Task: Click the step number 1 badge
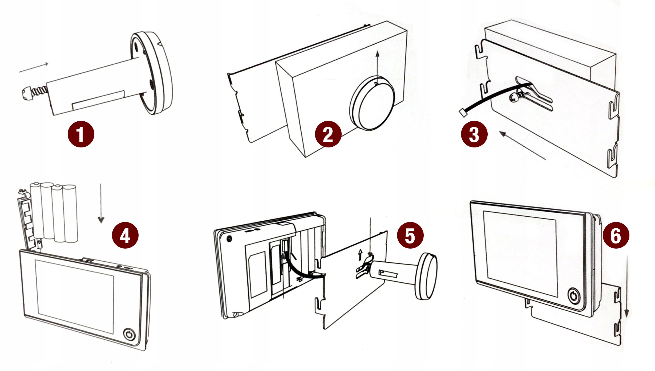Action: pyautogui.click(x=81, y=134)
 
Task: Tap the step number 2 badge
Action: pyautogui.click(x=328, y=134)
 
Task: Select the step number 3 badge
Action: pyautogui.click(x=474, y=134)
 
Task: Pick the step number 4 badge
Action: pyautogui.click(x=125, y=235)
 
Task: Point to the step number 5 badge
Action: pyautogui.click(x=410, y=235)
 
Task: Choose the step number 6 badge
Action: pyautogui.click(x=616, y=235)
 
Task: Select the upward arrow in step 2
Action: pyautogui.click(x=377, y=67)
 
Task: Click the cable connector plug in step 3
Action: pyautogui.click(x=463, y=113)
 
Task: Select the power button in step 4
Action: pyautogui.click(x=129, y=334)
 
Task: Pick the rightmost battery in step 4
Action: pyautogui.click(x=70, y=213)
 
